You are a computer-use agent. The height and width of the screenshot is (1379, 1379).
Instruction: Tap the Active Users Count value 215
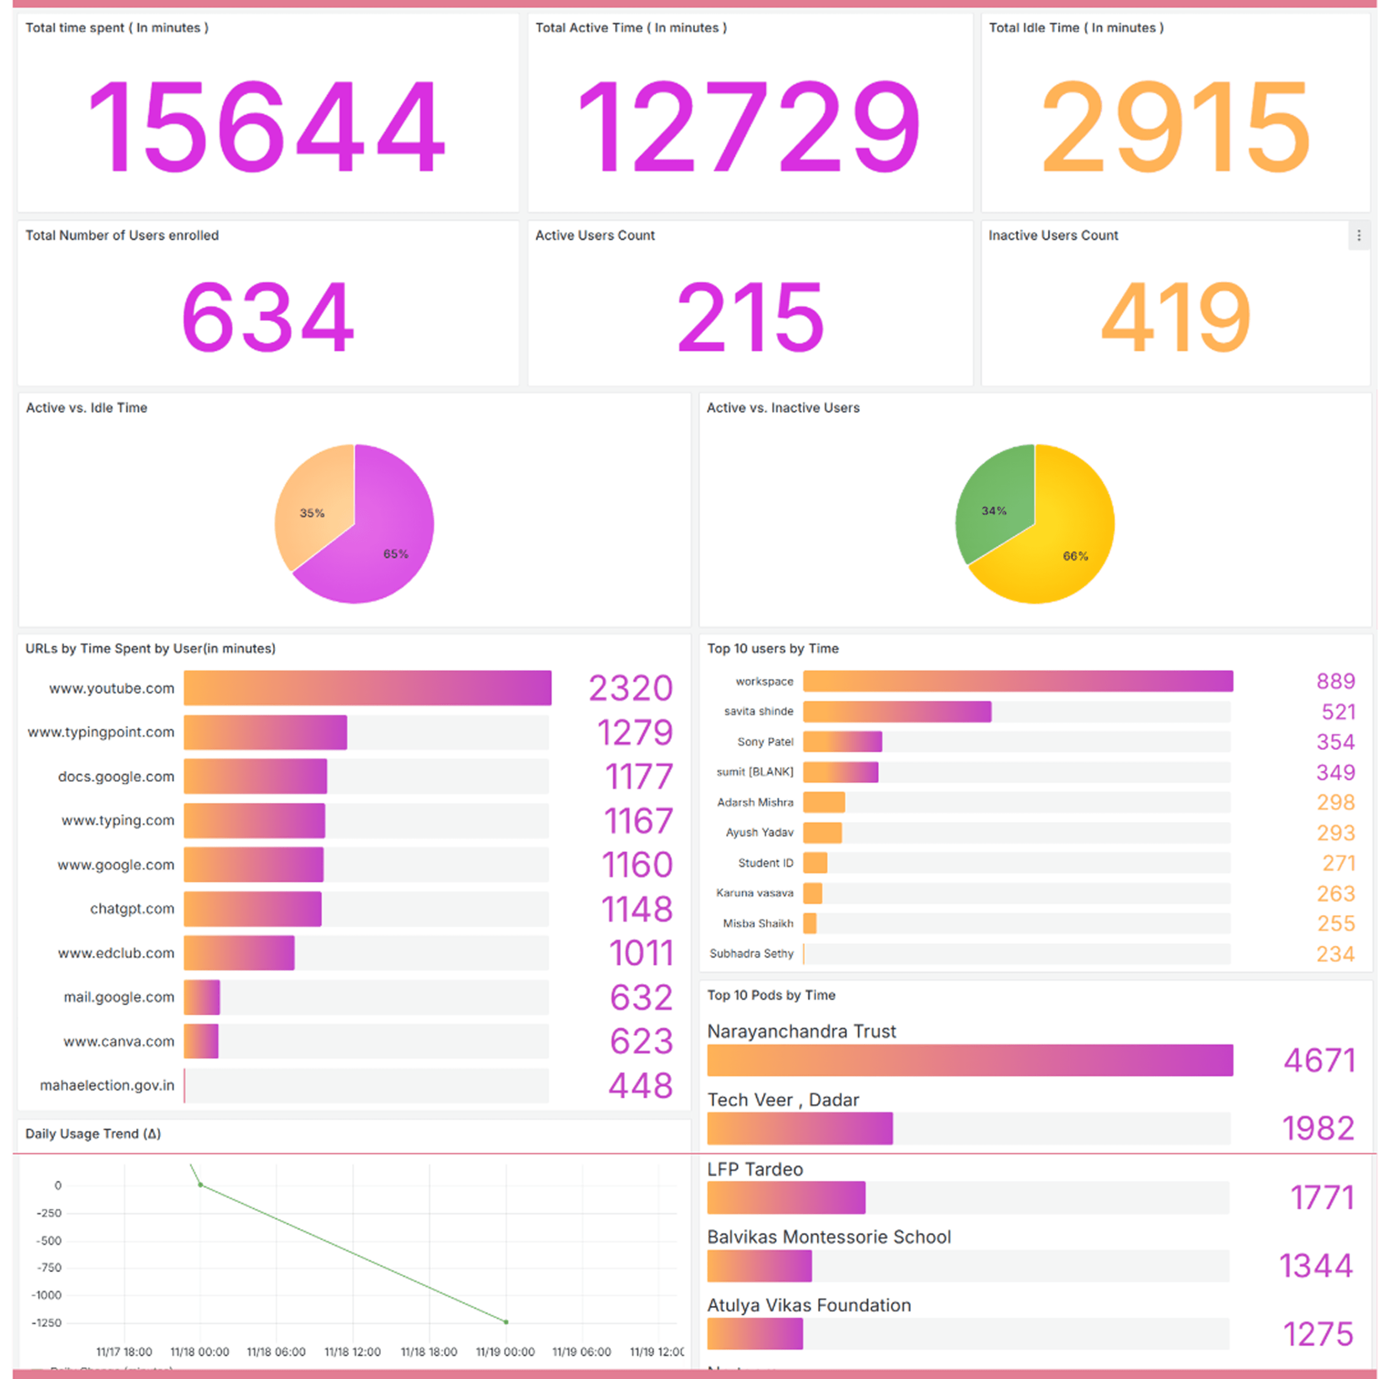pyautogui.click(x=750, y=317)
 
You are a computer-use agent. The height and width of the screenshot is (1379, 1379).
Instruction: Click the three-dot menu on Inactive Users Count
pyautogui.click(x=1358, y=235)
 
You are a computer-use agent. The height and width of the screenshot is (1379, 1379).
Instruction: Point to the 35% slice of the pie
pyautogui.click(x=314, y=510)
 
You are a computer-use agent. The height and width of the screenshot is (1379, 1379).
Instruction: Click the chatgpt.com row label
pyautogui.click(x=132, y=909)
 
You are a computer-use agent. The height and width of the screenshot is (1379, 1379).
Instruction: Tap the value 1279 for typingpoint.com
pyautogui.click(x=635, y=732)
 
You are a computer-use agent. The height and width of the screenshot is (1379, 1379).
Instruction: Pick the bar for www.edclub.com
pyautogui.click(x=239, y=953)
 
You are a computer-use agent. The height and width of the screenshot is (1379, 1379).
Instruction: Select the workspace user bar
pyautogui.click(x=1018, y=681)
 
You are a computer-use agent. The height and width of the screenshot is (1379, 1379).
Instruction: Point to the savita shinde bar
pyautogui.click(x=896, y=712)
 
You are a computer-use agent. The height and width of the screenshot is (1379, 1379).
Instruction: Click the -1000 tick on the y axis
pyautogui.click(x=47, y=1296)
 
